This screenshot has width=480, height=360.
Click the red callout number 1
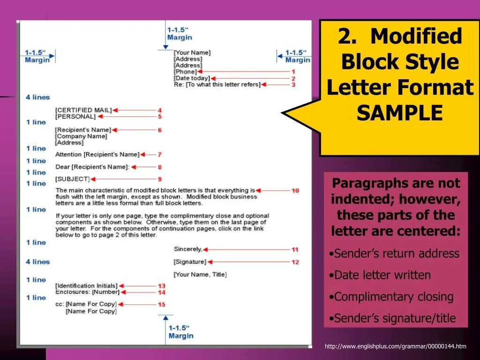293,72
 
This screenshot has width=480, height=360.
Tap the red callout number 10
295,191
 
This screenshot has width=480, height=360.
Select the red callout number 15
161,305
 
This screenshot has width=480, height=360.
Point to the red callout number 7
159,154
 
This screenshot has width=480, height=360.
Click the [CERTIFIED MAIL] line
83,110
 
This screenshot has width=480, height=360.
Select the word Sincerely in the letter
187,249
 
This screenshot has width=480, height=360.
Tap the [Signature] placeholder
190,262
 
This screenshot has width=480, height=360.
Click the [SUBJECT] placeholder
72,179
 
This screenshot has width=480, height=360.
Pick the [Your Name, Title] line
200,275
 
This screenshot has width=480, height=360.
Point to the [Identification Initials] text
86,286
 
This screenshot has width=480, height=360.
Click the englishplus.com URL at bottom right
395,346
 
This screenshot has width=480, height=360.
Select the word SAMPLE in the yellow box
400,113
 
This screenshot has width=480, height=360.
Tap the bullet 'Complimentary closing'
394,297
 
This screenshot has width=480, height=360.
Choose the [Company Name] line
81,136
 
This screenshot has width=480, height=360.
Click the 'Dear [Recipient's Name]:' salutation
92,167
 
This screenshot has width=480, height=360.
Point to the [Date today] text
191,78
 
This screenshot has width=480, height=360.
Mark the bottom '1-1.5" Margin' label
180,332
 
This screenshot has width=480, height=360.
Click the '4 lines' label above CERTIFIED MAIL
37,97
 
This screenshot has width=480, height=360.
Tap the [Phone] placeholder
185,72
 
